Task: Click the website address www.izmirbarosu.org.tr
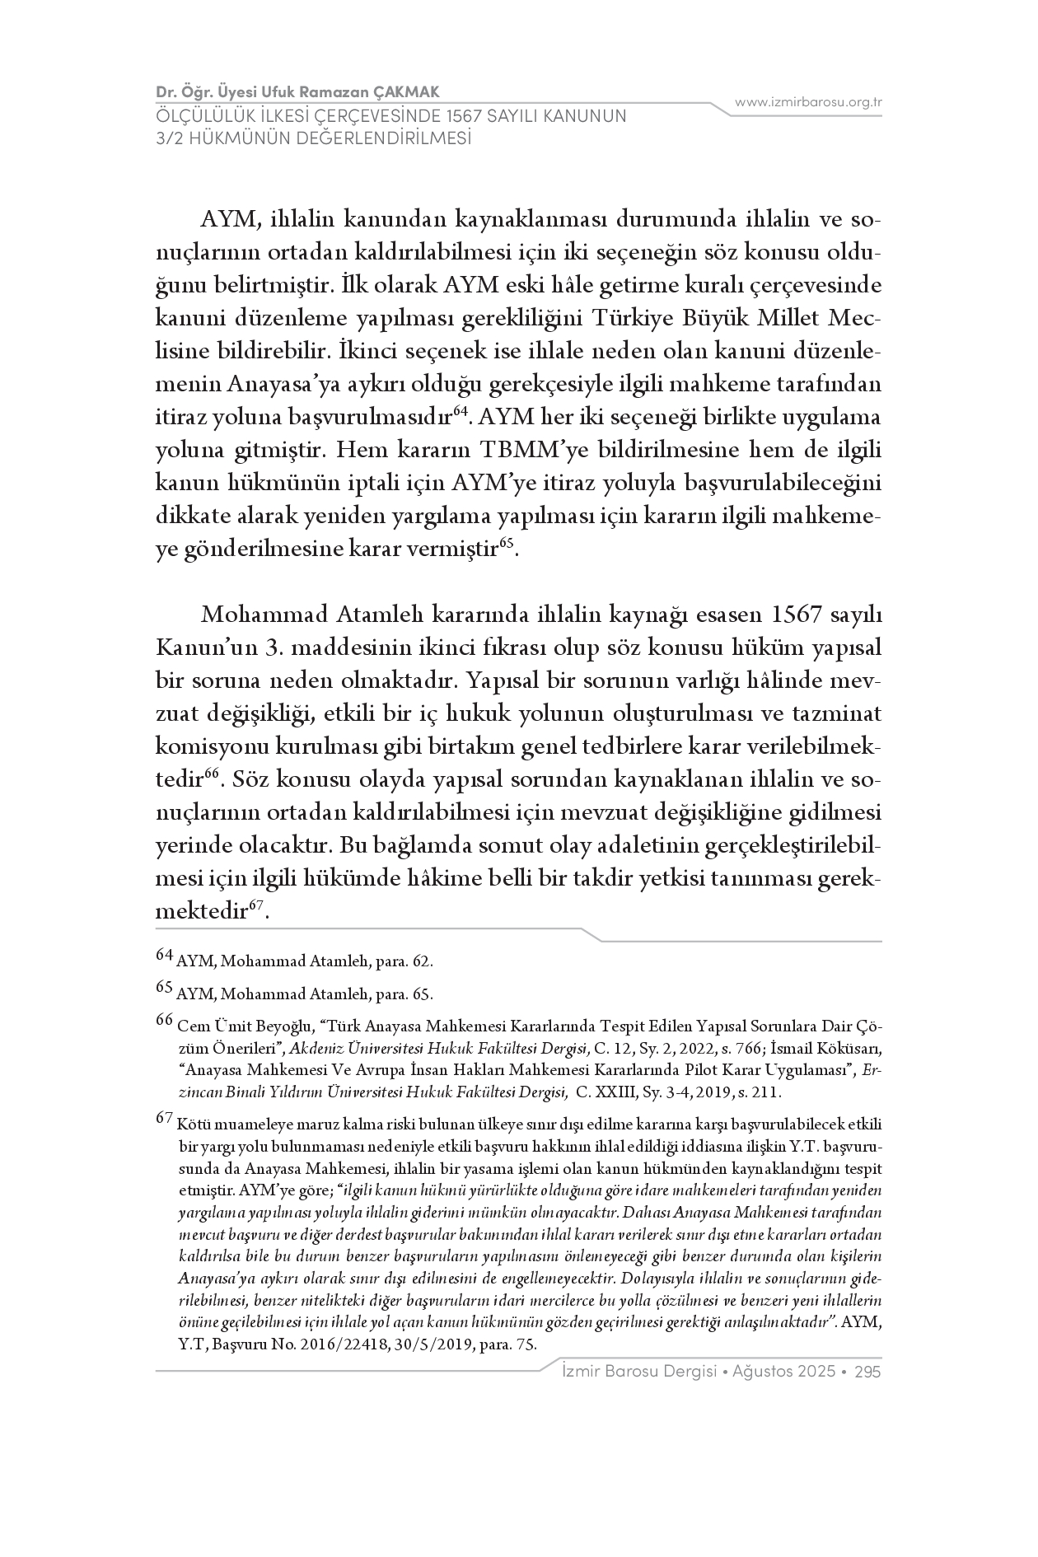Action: point(808,102)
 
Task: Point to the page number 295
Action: point(868,1372)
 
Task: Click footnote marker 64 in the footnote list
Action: point(165,956)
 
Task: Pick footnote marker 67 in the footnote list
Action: point(165,1118)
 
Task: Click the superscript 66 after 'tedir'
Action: point(211,773)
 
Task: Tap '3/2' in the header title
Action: point(170,138)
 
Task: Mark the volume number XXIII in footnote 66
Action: point(618,1093)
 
